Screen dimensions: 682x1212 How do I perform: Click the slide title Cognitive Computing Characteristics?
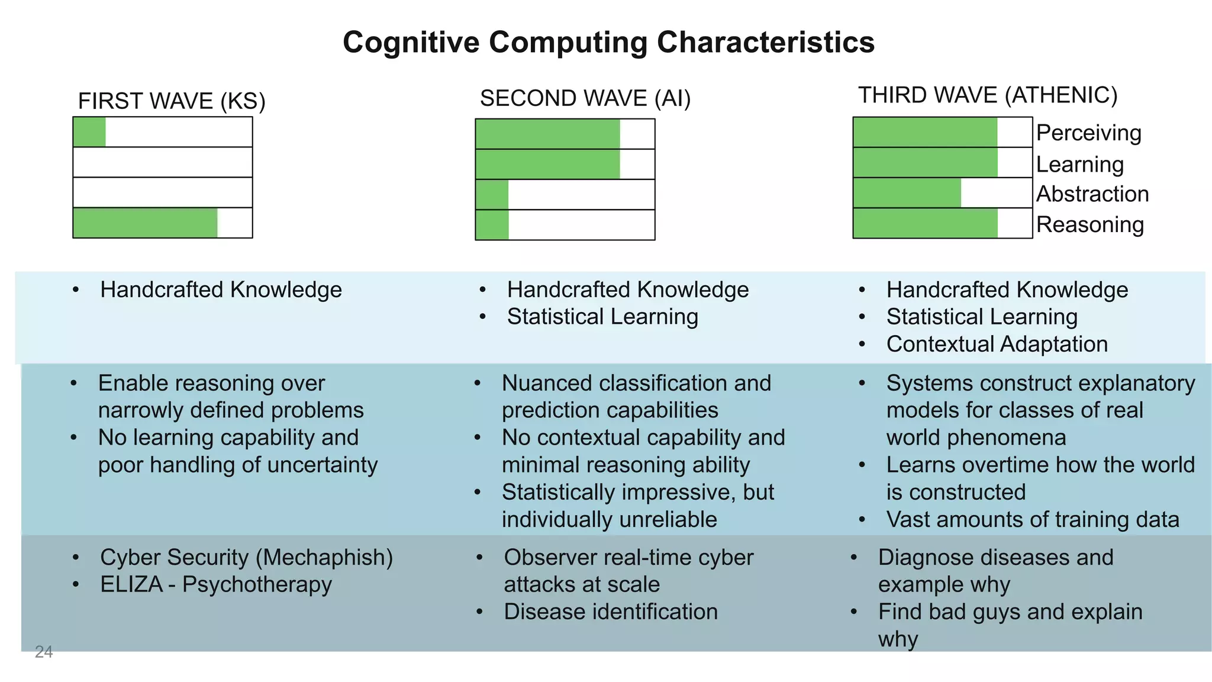pos(608,43)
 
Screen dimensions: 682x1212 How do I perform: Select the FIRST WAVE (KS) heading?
pos(172,101)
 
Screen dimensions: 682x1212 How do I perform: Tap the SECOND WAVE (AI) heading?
pos(585,98)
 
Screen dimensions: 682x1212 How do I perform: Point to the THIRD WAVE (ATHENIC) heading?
pos(987,95)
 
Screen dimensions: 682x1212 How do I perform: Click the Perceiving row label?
pos(1088,133)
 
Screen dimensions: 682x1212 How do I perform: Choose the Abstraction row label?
pos(1092,194)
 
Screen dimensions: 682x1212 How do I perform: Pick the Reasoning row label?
pos(1089,225)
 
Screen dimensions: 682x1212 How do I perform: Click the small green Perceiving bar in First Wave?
pos(89,132)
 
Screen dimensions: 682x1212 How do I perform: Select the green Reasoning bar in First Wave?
pos(145,223)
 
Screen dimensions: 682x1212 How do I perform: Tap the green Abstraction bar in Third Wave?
pos(907,193)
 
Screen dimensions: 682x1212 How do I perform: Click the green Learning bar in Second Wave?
pos(547,164)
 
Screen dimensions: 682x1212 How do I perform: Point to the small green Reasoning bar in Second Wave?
pos(492,225)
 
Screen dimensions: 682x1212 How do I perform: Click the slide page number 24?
pos(44,652)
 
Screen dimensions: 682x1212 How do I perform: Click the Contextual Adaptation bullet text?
pos(997,345)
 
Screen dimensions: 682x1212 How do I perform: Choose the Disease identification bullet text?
pos(610,612)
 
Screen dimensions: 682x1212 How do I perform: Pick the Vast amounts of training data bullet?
pos(1032,520)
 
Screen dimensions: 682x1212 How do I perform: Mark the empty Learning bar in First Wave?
pos(163,162)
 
